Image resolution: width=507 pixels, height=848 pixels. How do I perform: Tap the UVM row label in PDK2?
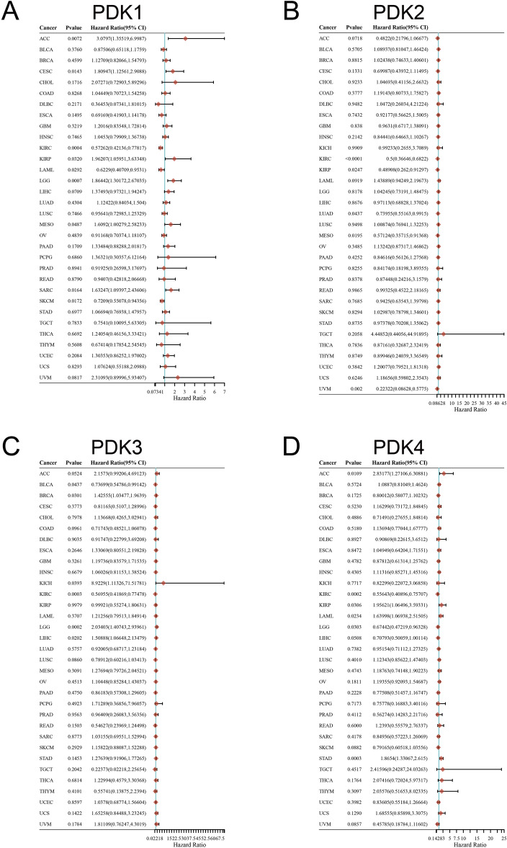point(323,387)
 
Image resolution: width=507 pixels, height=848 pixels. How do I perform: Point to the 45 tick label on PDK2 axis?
point(503,404)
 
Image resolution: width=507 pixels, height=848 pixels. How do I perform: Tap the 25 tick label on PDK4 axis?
point(503,832)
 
